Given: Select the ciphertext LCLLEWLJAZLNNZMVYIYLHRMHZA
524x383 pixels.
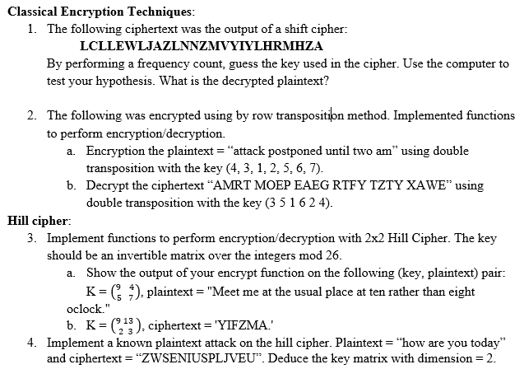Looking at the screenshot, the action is pyautogui.click(x=203, y=45).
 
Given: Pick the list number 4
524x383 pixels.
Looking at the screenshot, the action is pyautogui.click(x=30, y=343).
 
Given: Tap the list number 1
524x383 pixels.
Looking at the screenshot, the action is pyautogui.click(x=30, y=28).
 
